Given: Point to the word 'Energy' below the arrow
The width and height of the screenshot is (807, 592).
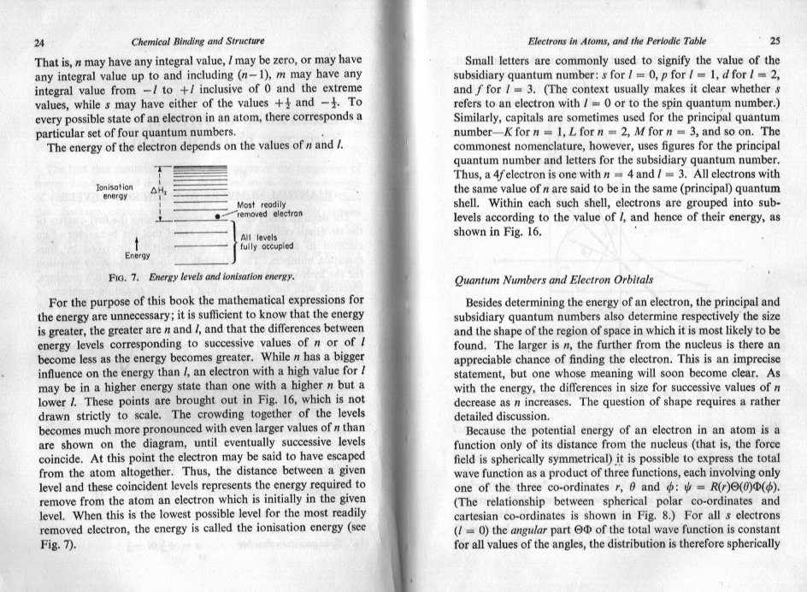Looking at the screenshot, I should click(x=138, y=256).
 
